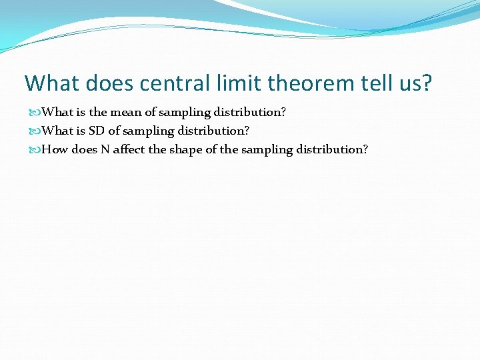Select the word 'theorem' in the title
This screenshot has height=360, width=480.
(x=307, y=83)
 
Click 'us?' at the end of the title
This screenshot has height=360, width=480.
(x=417, y=83)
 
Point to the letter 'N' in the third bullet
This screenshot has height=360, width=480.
(x=105, y=149)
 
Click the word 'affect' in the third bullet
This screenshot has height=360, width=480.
(x=129, y=149)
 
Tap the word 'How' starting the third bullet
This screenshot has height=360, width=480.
(x=55, y=149)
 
